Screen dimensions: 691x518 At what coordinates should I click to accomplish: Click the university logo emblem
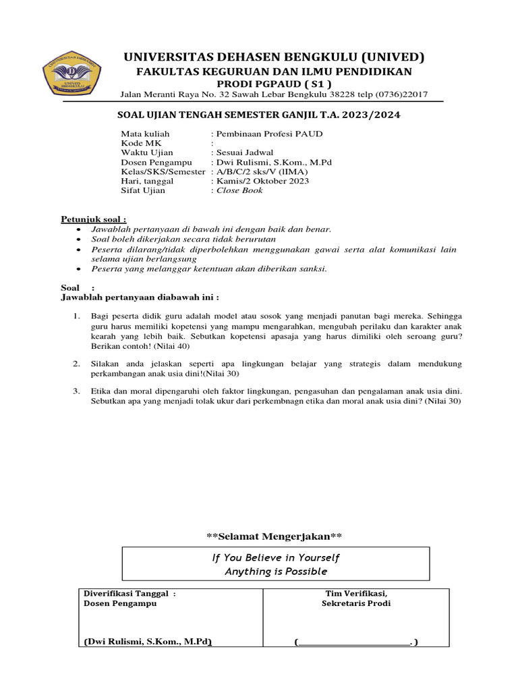point(72,72)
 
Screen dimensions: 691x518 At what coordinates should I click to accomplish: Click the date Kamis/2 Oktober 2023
point(262,181)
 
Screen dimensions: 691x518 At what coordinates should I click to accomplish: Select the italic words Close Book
point(239,190)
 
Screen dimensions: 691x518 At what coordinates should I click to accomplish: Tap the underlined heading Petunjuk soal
point(94,219)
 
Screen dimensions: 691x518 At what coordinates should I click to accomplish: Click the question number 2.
point(77,364)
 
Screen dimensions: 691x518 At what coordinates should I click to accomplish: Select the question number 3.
point(77,391)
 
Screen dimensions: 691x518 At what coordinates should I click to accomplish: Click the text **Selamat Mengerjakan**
point(275,536)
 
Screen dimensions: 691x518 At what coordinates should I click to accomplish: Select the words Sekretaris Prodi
point(356,603)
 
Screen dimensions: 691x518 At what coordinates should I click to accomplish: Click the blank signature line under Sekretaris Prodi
point(355,643)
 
